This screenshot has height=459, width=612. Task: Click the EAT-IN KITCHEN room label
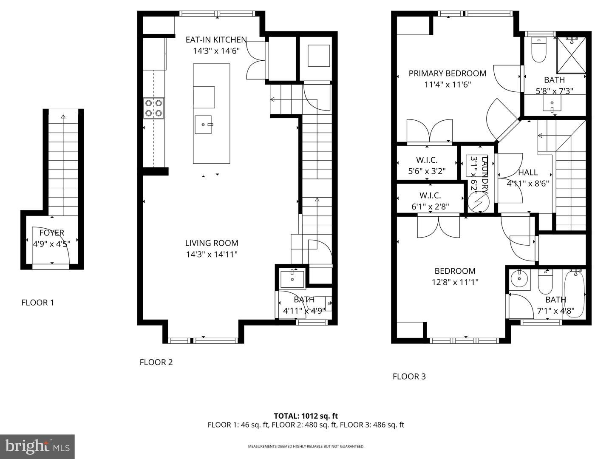tap(216, 40)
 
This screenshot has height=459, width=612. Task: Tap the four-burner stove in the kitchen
tap(153, 108)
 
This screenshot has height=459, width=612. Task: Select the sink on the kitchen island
tap(203, 125)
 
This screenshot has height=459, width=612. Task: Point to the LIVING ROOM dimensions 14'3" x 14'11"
tap(212, 255)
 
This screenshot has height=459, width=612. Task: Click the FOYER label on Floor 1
tap(51, 233)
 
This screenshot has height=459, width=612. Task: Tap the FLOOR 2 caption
tap(156, 363)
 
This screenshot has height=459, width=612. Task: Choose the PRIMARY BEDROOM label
tap(447, 74)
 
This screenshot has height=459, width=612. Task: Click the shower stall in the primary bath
tap(571, 55)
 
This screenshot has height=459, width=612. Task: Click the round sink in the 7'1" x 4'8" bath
tap(519, 280)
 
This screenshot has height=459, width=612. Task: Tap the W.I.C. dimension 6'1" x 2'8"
tap(430, 207)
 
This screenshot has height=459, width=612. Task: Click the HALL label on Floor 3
tap(528, 173)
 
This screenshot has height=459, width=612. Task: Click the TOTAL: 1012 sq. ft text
tap(306, 416)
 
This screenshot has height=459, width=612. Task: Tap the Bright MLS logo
tap(37, 447)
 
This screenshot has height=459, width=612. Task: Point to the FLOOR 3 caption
tap(409, 377)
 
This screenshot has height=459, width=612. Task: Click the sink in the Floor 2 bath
tap(292, 279)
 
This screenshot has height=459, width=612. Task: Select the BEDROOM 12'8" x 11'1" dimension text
tap(455, 282)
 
